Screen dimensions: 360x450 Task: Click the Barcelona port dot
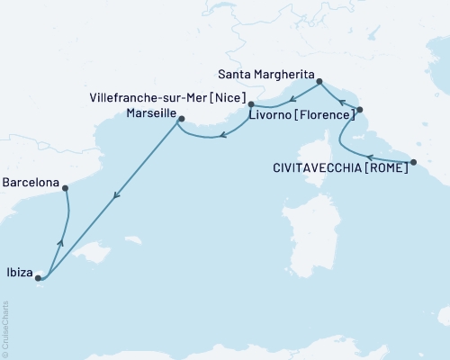[x=65, y=187]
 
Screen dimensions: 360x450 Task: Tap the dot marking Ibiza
[x=38, y=278]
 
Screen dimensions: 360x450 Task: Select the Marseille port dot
[x=180, y=118]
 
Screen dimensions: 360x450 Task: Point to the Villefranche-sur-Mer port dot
[x=251, y=105]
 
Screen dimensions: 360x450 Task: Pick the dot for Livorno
[x=359, y=110]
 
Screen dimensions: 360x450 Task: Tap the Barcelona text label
[x=31, y=182]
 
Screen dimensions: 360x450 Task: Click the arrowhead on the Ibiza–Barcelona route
[x=60, y=240]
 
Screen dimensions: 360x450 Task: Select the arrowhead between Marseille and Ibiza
[x=114, y=197]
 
